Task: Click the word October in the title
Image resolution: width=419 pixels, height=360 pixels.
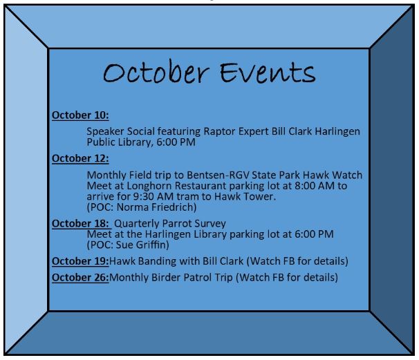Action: tap(156, 73)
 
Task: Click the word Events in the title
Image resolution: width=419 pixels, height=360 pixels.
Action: tap(268, 73)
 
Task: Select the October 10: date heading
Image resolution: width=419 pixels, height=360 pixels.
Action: tap(80, 115)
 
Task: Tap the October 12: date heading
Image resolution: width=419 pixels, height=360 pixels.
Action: tap(80, 158)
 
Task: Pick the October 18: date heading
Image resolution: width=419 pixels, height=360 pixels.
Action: tap(80, 223)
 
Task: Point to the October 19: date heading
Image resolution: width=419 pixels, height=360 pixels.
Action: tap(80, 261)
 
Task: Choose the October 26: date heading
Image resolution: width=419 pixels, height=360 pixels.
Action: tap(80, 278)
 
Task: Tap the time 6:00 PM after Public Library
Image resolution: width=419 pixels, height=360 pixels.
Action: tap(176, 142)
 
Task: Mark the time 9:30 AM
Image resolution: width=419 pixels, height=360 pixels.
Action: tap(153, 196)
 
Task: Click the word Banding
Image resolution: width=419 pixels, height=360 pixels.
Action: tap(157, 261)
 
